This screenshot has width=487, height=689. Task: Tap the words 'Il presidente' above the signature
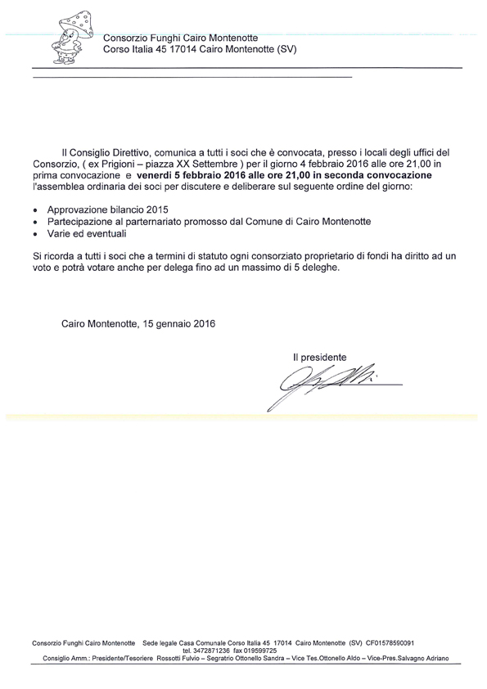point(320,357)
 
